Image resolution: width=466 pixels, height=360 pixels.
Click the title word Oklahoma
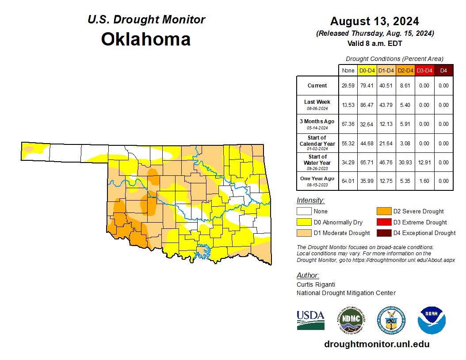(145, 39)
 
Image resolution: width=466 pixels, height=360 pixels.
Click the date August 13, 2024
(374, 21)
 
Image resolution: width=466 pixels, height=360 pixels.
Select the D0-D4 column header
(367, 71)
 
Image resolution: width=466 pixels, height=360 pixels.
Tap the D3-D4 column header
(424, 71)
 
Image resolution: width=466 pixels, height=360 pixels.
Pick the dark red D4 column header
(443, 71)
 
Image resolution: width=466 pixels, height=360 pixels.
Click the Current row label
(317, 86)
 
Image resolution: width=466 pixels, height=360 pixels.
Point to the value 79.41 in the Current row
(367, 86)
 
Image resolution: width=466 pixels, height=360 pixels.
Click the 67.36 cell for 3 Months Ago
(348, 124)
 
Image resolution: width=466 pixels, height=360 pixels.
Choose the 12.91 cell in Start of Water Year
(424, 163)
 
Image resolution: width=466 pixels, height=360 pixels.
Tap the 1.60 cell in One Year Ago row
(424, 181)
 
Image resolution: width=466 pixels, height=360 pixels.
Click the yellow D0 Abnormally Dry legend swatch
(304, 222)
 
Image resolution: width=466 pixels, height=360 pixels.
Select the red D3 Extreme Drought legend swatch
(383, 222)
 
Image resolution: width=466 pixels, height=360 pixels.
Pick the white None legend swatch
(304, 212)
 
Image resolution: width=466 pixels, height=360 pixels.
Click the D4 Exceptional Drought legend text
(424, 233)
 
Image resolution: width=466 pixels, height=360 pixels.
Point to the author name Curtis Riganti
(316, 284)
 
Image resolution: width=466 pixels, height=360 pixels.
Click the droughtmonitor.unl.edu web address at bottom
(377, 344)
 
